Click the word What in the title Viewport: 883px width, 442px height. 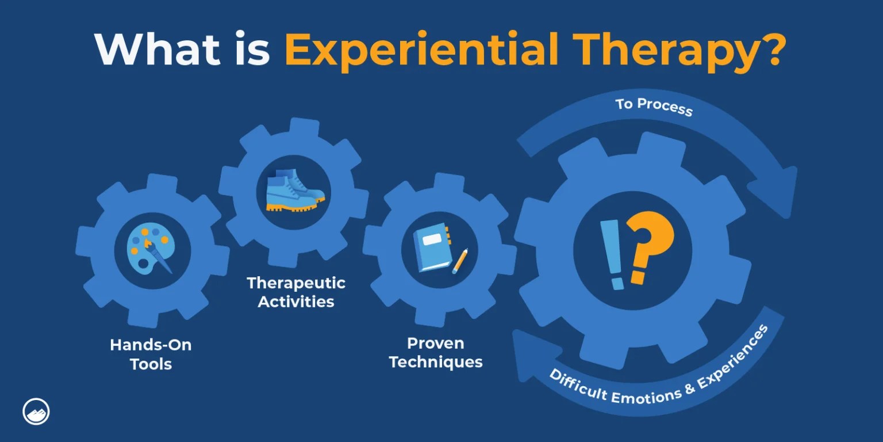(158, 49)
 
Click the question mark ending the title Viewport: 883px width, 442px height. (771, 48)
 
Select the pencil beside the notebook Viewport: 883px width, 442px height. (460, 261)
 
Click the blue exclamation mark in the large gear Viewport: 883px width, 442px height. (612, 255)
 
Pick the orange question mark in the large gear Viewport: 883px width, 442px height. (650, 247)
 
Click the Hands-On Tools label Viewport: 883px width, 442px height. (151, 355)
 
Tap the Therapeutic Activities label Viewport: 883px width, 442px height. (296, 292)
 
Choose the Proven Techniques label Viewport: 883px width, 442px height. (436, 353)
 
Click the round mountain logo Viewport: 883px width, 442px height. (36, 411)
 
